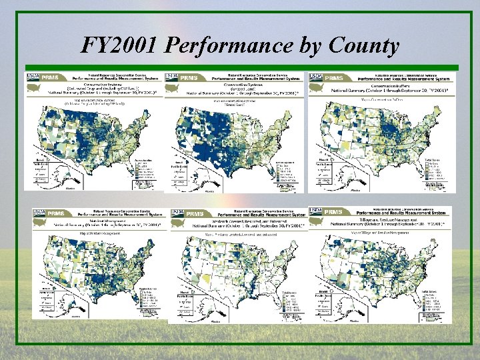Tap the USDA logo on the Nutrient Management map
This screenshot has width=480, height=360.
pyautogui.click(x=40, y=212)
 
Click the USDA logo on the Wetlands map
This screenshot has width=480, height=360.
pyautogui.click(x=178, y=212)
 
